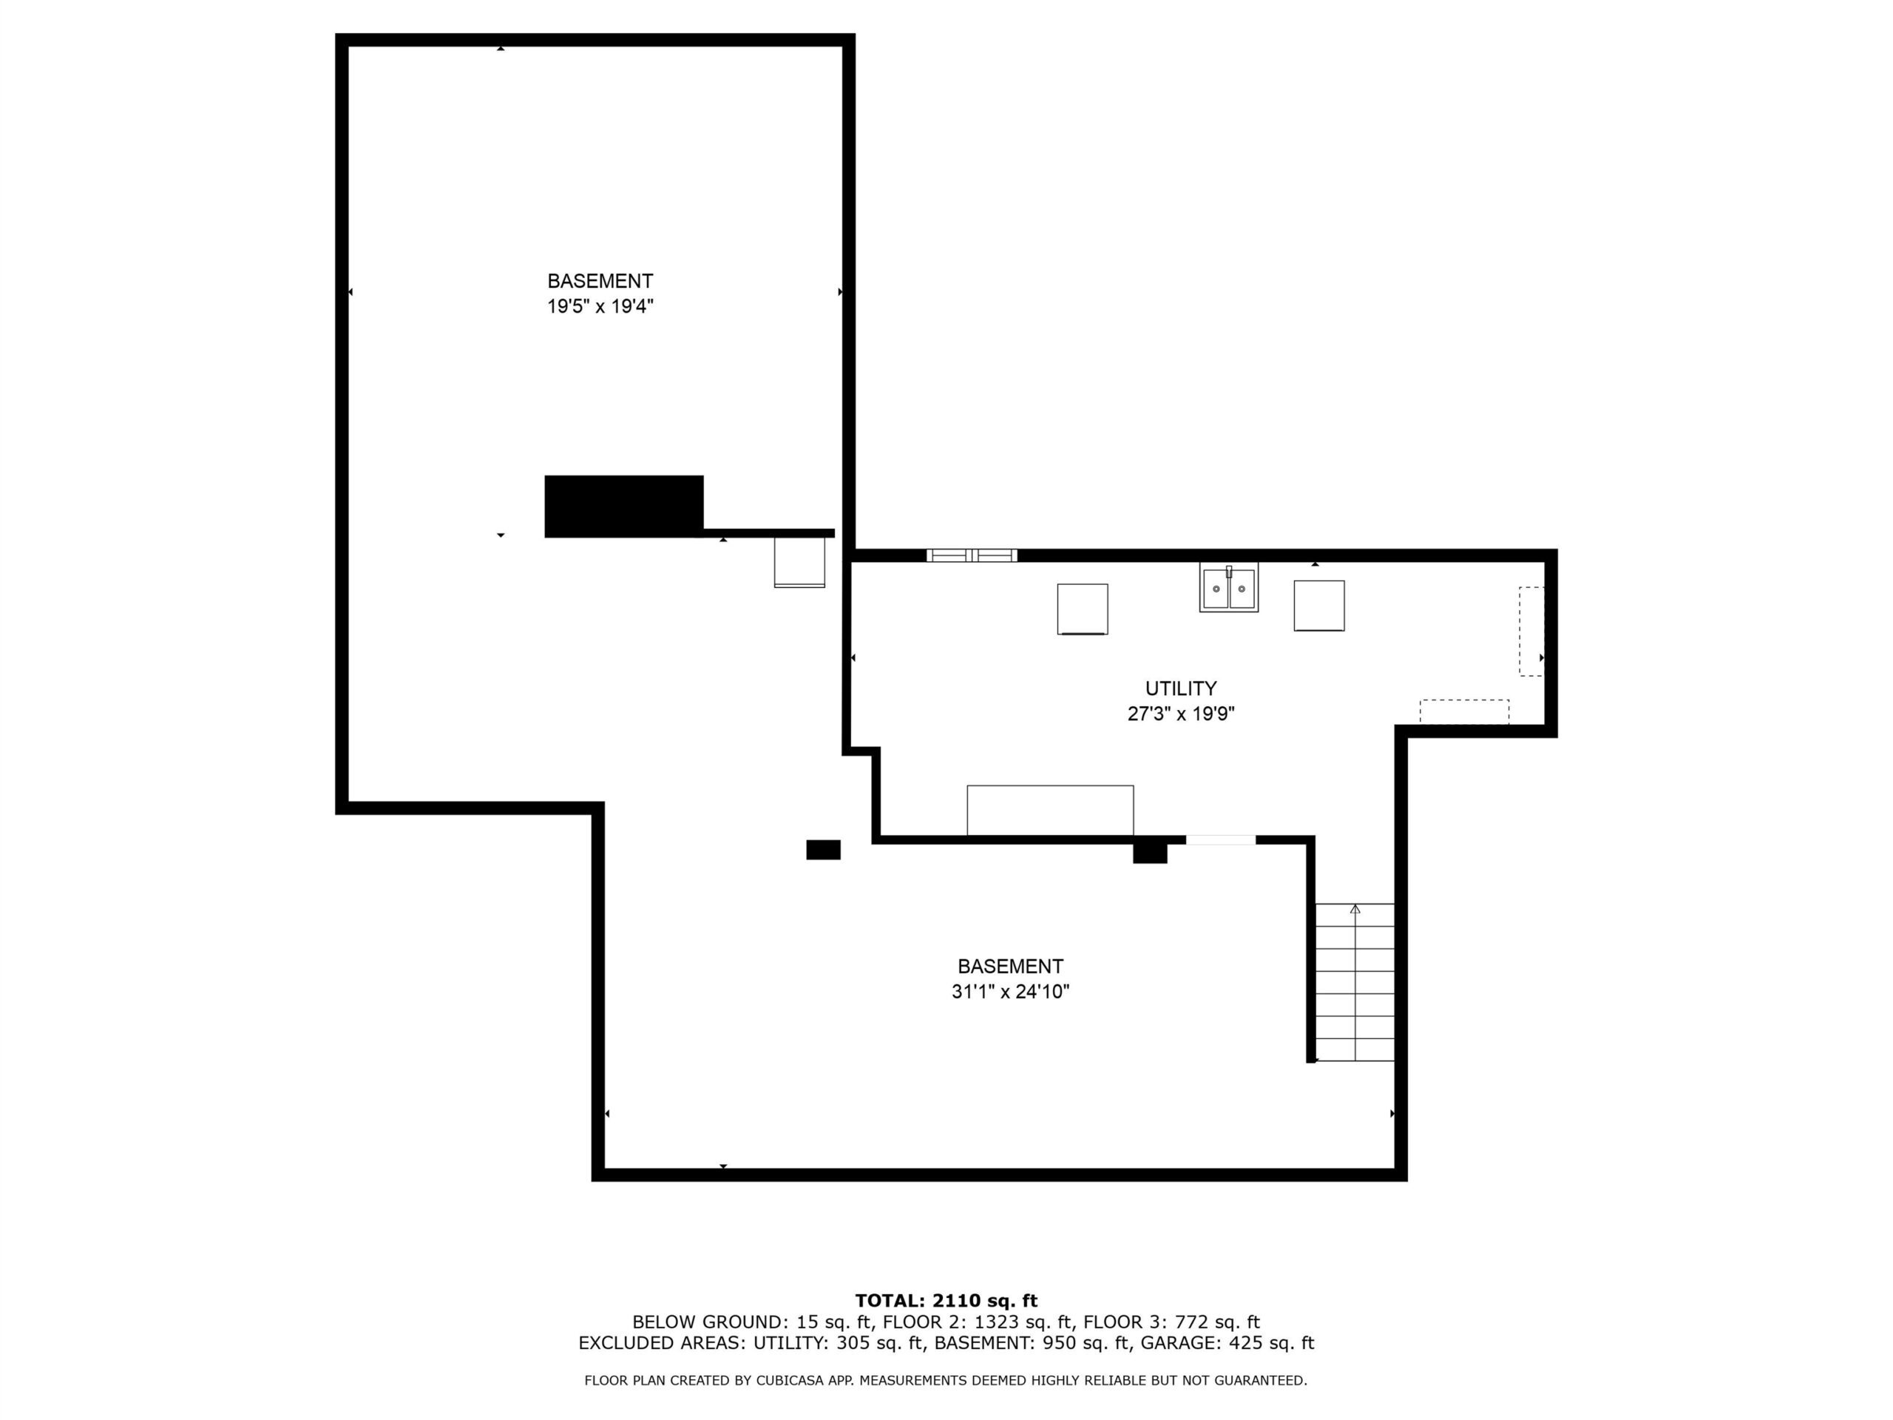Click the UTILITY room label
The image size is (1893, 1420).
tap(1180, 688)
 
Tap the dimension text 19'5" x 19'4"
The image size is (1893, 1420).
tap(600, 306)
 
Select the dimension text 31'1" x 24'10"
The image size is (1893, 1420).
tap(1010, 992)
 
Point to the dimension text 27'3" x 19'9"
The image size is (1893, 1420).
tap(1180, 714)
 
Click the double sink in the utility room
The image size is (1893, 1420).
tap(1228, 587)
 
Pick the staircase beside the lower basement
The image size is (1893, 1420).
tap(1355, 983)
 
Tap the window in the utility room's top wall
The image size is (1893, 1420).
tap(972, 555)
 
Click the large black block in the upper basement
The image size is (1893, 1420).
tap(624, 506)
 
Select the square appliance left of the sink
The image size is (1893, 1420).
tap(1083, 609)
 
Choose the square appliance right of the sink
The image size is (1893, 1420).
tap(1318, 606)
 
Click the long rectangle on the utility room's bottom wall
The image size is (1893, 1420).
tap(1050, 810)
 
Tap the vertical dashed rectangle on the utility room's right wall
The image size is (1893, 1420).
tap(1531, 632)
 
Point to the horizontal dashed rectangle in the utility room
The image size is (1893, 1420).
tap(1464, 712)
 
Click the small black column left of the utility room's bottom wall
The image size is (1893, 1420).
tap(823, 849)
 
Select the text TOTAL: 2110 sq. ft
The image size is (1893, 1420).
tap(946, 1301)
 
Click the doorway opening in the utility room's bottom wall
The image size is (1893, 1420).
tap(1220, 839)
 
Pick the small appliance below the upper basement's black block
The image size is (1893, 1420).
tap(799, 562)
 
